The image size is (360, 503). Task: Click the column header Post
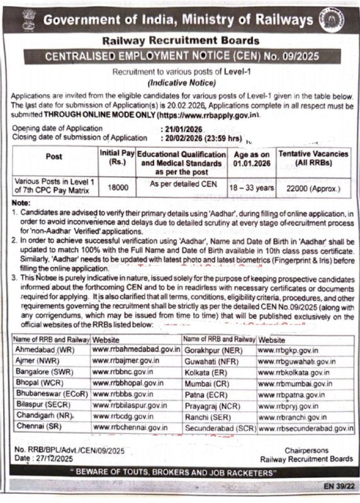54,156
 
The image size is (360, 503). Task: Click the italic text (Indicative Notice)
179,83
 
